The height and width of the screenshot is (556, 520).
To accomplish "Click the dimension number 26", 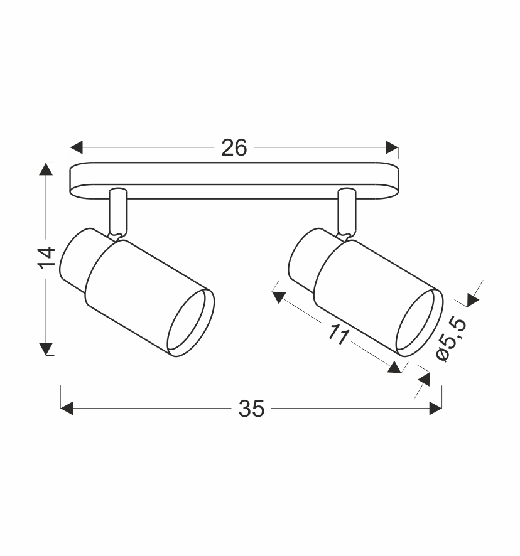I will pos(234,148).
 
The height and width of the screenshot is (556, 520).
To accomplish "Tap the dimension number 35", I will pos(251,409).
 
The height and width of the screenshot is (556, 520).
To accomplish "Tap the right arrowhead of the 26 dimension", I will pos(392,148).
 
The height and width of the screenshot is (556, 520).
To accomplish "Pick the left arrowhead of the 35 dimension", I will pos(67,409).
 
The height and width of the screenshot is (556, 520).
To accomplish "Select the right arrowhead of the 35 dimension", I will pos(435,409).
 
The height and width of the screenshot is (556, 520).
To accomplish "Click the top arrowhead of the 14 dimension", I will pos(46,170).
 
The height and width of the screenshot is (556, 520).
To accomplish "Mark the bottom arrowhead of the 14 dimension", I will pos(46,348).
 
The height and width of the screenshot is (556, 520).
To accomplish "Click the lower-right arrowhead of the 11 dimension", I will pos(394,367).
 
